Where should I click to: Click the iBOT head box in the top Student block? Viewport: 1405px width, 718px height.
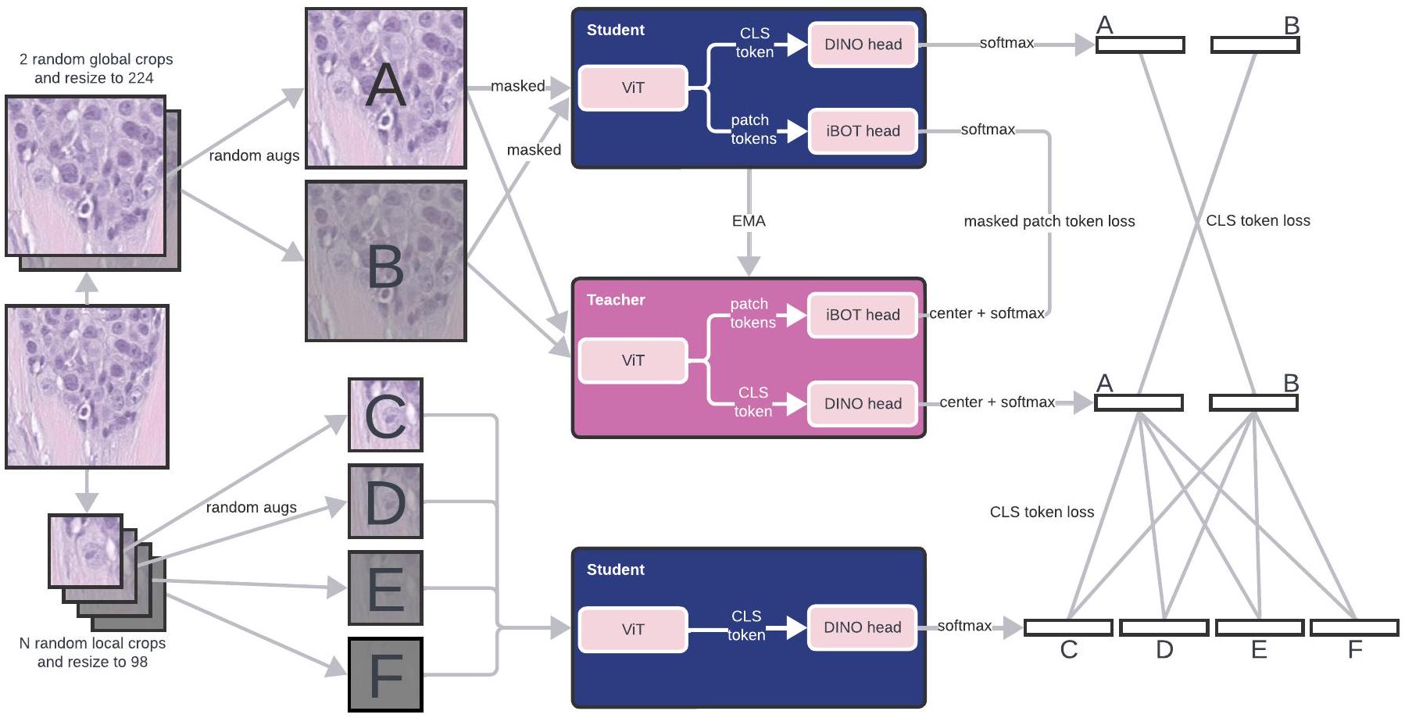point(863,131)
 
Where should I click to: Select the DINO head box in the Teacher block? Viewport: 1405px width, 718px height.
point(863,404)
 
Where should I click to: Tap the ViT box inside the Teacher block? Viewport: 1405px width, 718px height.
point(633,360)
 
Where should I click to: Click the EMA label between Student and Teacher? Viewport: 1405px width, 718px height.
point(749,221)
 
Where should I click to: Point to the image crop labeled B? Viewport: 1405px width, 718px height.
point(386,261)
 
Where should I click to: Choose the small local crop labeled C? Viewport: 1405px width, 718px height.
point(386,415)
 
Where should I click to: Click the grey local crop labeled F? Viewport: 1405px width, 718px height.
point(386,674)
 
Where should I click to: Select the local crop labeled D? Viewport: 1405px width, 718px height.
point(386,502)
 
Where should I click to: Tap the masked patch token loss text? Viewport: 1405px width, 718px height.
point(1049,221)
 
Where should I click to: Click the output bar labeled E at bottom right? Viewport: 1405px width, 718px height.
point(1260,627)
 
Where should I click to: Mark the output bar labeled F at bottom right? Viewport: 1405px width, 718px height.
point(1354,627)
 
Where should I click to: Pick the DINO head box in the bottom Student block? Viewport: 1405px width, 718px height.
point(863,627)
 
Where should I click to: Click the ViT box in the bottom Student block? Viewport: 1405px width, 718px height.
point(633,629)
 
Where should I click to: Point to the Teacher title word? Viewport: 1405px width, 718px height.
point(616,300)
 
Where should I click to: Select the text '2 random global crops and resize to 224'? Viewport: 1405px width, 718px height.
point(95,69)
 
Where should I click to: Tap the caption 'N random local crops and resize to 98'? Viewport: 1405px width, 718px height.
point(92,652)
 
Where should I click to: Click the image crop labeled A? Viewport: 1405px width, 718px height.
point(386,88)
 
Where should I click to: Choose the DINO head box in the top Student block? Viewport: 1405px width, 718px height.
point(863,45)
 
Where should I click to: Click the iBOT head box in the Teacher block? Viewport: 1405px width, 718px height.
point(863,315)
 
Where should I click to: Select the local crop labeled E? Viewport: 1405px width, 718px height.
point(386,588)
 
